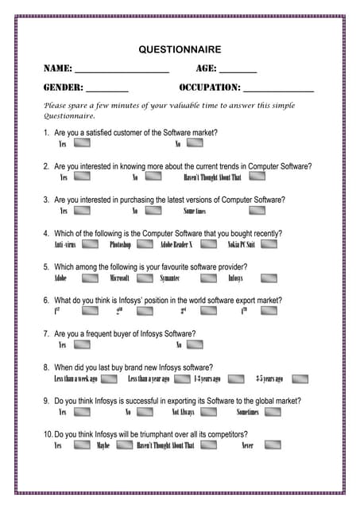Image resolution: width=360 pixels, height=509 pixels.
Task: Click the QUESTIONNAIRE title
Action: click(180, 49)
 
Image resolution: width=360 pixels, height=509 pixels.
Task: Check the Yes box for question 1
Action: click(82, 144)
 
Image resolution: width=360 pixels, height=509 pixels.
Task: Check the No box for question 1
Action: click(195, 144)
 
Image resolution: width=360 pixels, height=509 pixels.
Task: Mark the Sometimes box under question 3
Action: click(256, 211)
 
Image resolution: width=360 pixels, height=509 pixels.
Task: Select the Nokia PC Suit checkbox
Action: click(269, 244)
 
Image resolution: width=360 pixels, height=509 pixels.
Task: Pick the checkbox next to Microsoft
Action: click(145, 278)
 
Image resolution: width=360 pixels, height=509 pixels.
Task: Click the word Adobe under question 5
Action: click(60, 279)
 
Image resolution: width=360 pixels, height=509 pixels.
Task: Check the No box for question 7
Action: click(195, 345)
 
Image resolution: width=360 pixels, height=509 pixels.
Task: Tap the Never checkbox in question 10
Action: click(273, 445)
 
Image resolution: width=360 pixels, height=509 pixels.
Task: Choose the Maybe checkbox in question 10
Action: click(124, 445)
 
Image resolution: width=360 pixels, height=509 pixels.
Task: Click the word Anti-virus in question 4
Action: click(65, 245)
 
